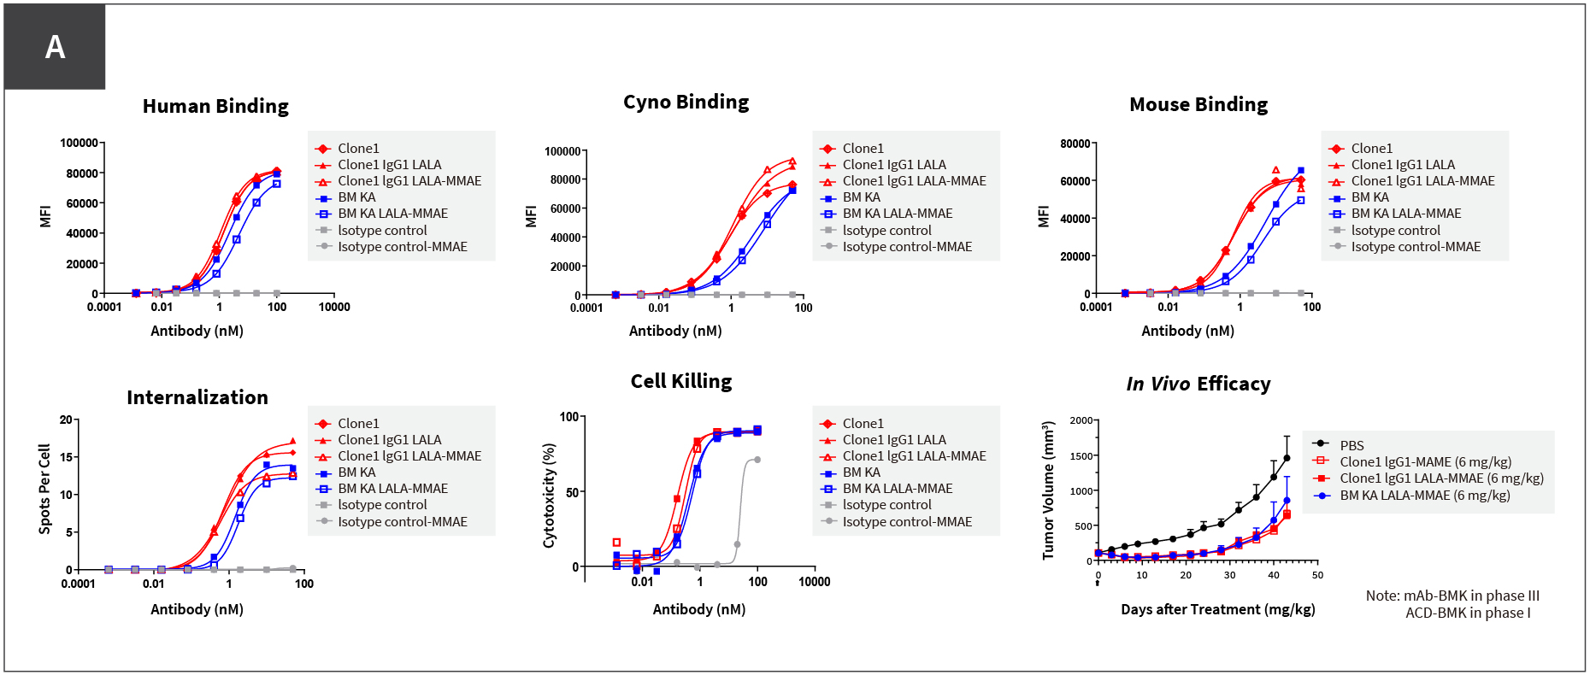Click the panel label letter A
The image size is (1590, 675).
click(55, 47)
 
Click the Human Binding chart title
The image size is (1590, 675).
click(215, 106)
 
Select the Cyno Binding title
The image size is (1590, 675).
click(686, 102)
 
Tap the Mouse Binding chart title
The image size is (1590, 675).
click(1198, 104)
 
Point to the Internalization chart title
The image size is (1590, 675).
click(197, 397)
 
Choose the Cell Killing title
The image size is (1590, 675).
click(681, 381)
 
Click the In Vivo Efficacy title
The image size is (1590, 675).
click(1198, 384)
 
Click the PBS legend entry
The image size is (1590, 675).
click(1351, 445)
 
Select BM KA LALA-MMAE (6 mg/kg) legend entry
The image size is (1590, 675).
click(1424, 495)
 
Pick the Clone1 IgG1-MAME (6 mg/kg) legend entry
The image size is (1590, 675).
click(1425, 461)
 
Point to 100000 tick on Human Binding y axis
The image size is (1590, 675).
click(79, 143)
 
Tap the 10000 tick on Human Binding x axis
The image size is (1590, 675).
click(334, 307)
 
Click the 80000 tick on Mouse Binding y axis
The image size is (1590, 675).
click(1075, 144)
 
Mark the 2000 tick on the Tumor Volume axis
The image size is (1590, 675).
click(1081, 420)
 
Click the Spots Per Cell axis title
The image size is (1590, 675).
click(44, 489)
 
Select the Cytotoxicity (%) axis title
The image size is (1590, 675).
click(550, 495)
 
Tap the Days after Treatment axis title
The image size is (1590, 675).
click(1217, 609)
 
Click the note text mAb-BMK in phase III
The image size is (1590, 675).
click(1452, 596)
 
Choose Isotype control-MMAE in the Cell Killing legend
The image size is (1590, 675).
click(907, 521)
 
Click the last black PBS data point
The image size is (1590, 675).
click(1287, 459)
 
